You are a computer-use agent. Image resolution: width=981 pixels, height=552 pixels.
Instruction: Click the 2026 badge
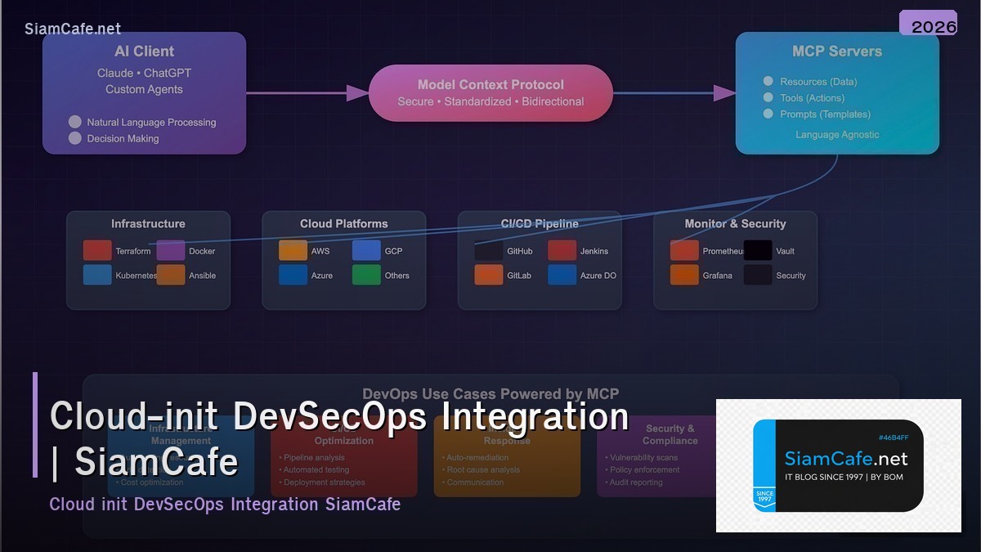coord(928,24)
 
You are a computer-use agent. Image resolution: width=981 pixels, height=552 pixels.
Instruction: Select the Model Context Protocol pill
coord(490,92)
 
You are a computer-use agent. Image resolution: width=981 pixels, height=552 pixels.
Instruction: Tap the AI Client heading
coord(144,52)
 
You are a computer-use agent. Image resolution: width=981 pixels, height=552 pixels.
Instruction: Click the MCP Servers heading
coord(837,52)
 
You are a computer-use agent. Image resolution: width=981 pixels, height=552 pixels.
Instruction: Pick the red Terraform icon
coord(97,250)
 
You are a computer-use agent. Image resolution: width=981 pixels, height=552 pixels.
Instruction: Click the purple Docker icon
coord(171,250)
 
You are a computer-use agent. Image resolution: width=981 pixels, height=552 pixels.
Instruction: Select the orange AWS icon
coord(293,250)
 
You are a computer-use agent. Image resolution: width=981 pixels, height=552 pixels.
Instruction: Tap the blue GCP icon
coord(366,250)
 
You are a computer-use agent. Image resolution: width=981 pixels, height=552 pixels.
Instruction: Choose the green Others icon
coord(366,275)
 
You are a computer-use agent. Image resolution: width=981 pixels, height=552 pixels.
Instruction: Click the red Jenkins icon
coord(562,250)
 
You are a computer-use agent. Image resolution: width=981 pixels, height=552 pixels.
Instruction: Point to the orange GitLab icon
coord(489,275)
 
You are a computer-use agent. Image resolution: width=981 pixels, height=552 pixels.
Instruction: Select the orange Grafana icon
coord(684,275)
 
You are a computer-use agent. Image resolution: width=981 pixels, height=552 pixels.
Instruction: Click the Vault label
coord(785,251)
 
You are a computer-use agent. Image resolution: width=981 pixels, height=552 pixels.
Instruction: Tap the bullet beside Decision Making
coord(75,138)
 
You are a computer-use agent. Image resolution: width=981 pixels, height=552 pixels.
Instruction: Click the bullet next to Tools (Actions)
coord(768,97)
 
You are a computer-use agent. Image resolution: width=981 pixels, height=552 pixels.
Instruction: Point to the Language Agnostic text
coord(837,134)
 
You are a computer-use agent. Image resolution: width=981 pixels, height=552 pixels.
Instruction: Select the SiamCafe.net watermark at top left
coord(73,29)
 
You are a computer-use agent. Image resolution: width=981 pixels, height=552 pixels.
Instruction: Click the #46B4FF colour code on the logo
coord(893,438)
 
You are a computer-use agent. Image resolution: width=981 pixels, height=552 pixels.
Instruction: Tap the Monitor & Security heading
coord(735,223)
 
